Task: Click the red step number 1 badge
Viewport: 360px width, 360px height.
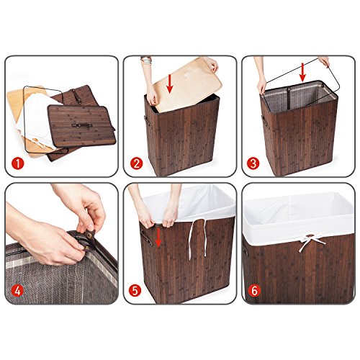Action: (x=18, y=164)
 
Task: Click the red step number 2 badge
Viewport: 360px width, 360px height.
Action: (x=136, y=164)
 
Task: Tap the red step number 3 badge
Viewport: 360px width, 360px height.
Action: (x=253, y=164)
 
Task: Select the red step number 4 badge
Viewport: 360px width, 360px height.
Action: (x=17, y=291)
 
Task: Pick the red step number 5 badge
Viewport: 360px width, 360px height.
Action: (x=135, y=291)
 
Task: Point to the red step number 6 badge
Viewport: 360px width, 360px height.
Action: (x=254, y=291)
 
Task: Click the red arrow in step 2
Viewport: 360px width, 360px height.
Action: (x=170, y=84)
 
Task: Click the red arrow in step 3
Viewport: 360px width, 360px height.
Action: (x=302, y=72)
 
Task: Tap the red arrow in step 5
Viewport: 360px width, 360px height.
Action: (x=158, y=238)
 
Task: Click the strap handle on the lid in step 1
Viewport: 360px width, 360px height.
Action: (x=82, y=125)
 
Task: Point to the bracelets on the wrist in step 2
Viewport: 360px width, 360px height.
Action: (x=146, y=60)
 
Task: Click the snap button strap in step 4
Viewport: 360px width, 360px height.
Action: (x=89, y=238)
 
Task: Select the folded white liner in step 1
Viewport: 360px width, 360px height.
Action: (x=38, y=120)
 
